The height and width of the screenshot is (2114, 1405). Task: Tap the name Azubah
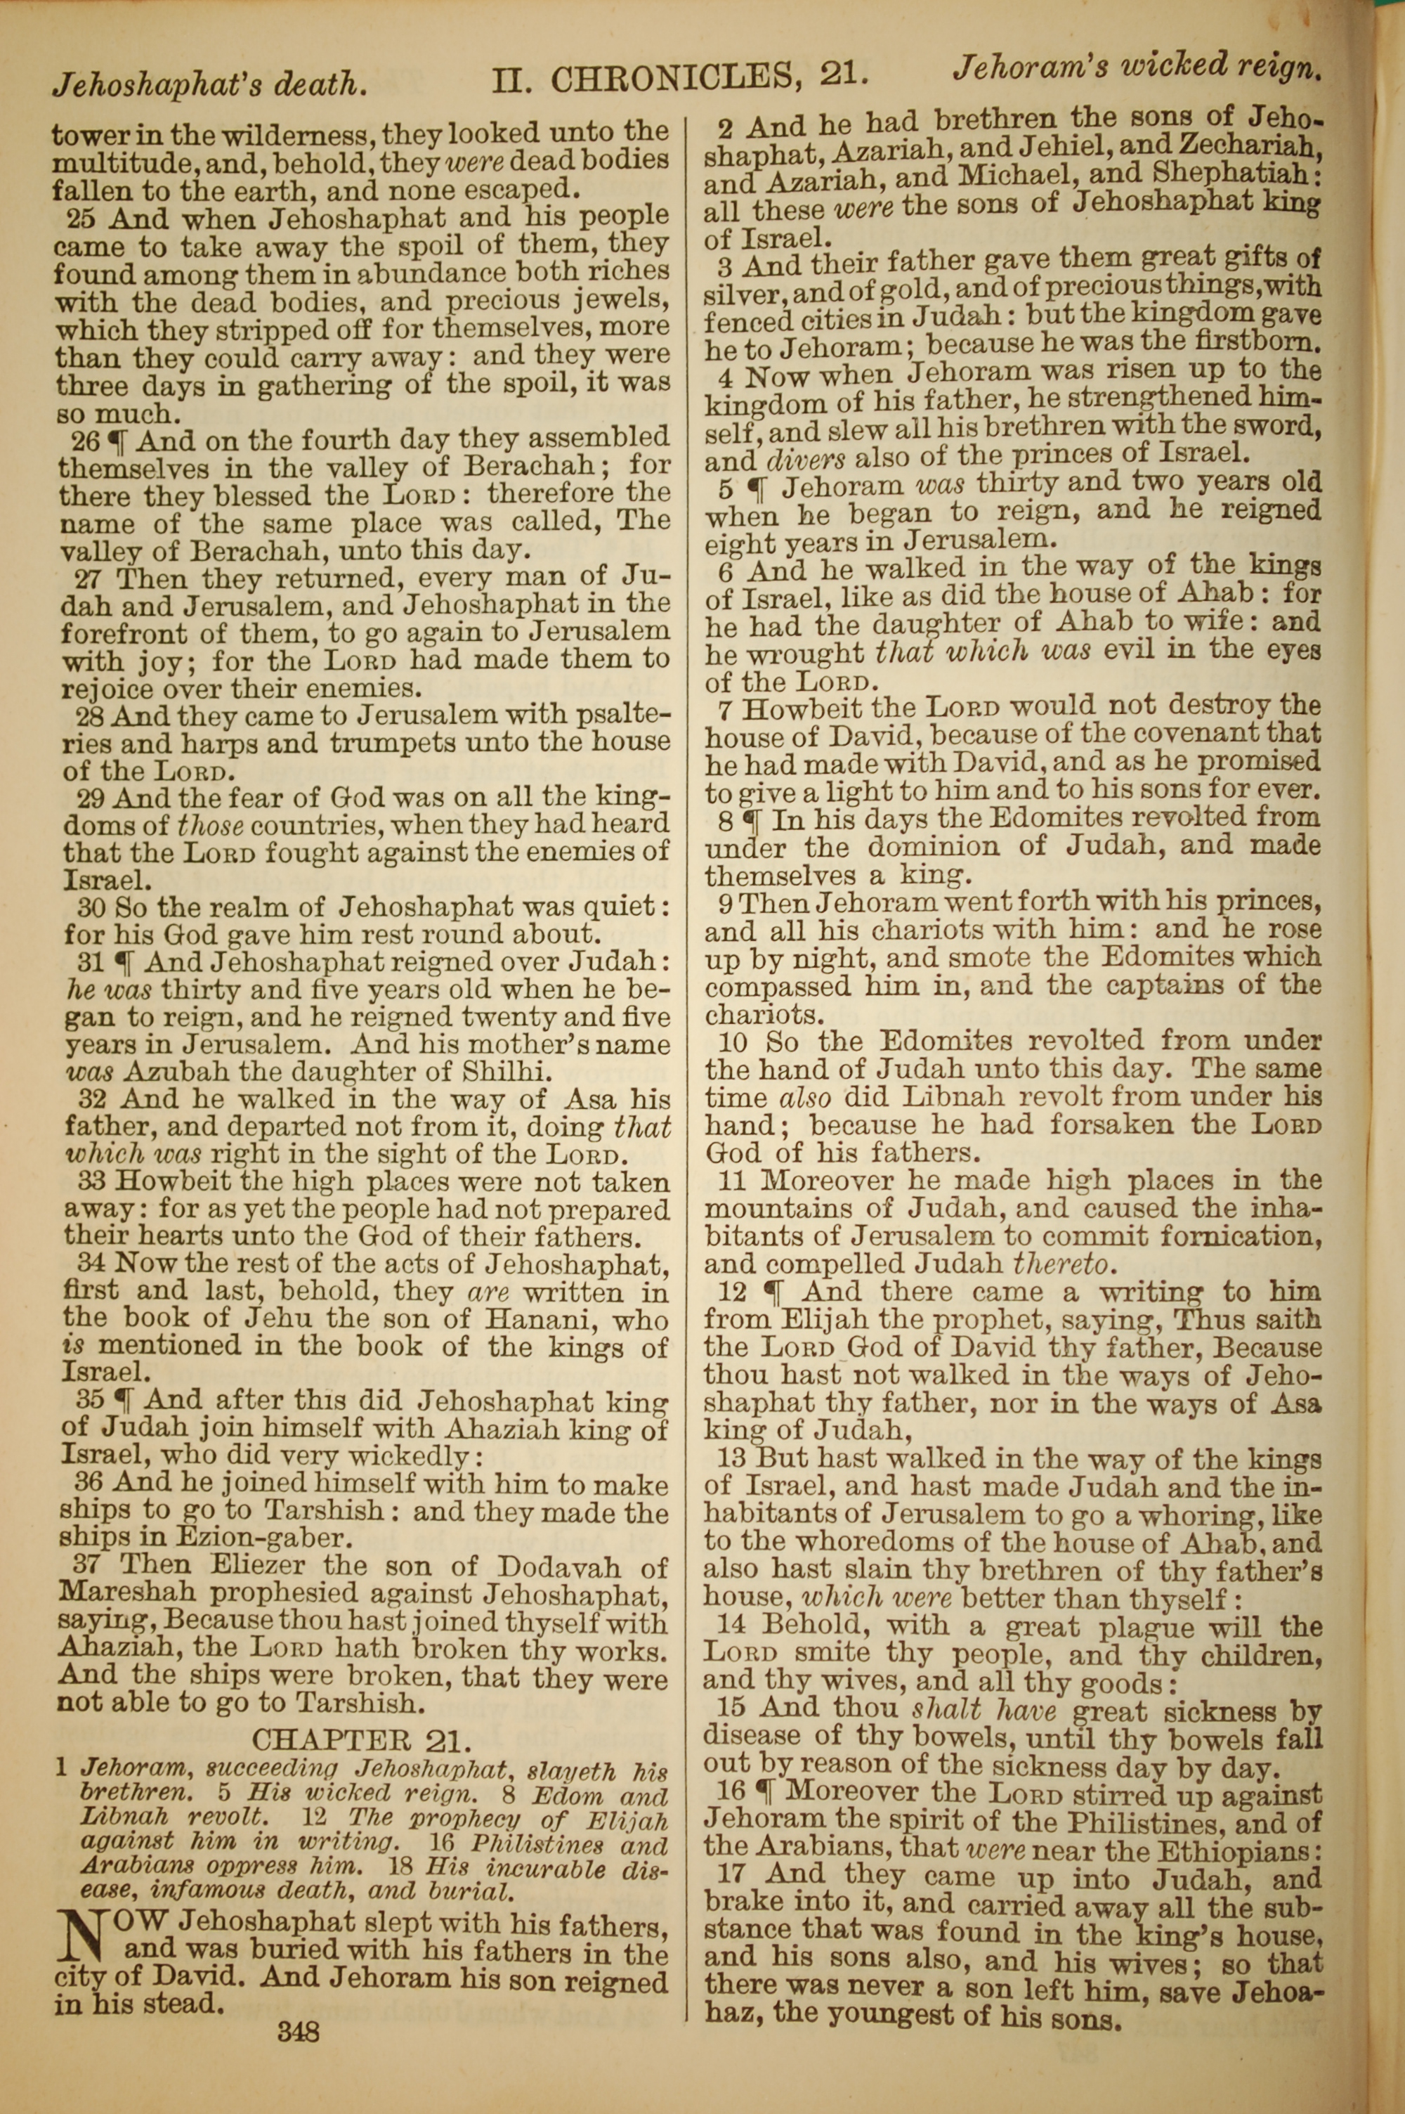pos(176,1072)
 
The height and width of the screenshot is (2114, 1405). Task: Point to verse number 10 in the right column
pos(733,1042)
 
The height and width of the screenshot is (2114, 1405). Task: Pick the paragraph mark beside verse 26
pos(117,440)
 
